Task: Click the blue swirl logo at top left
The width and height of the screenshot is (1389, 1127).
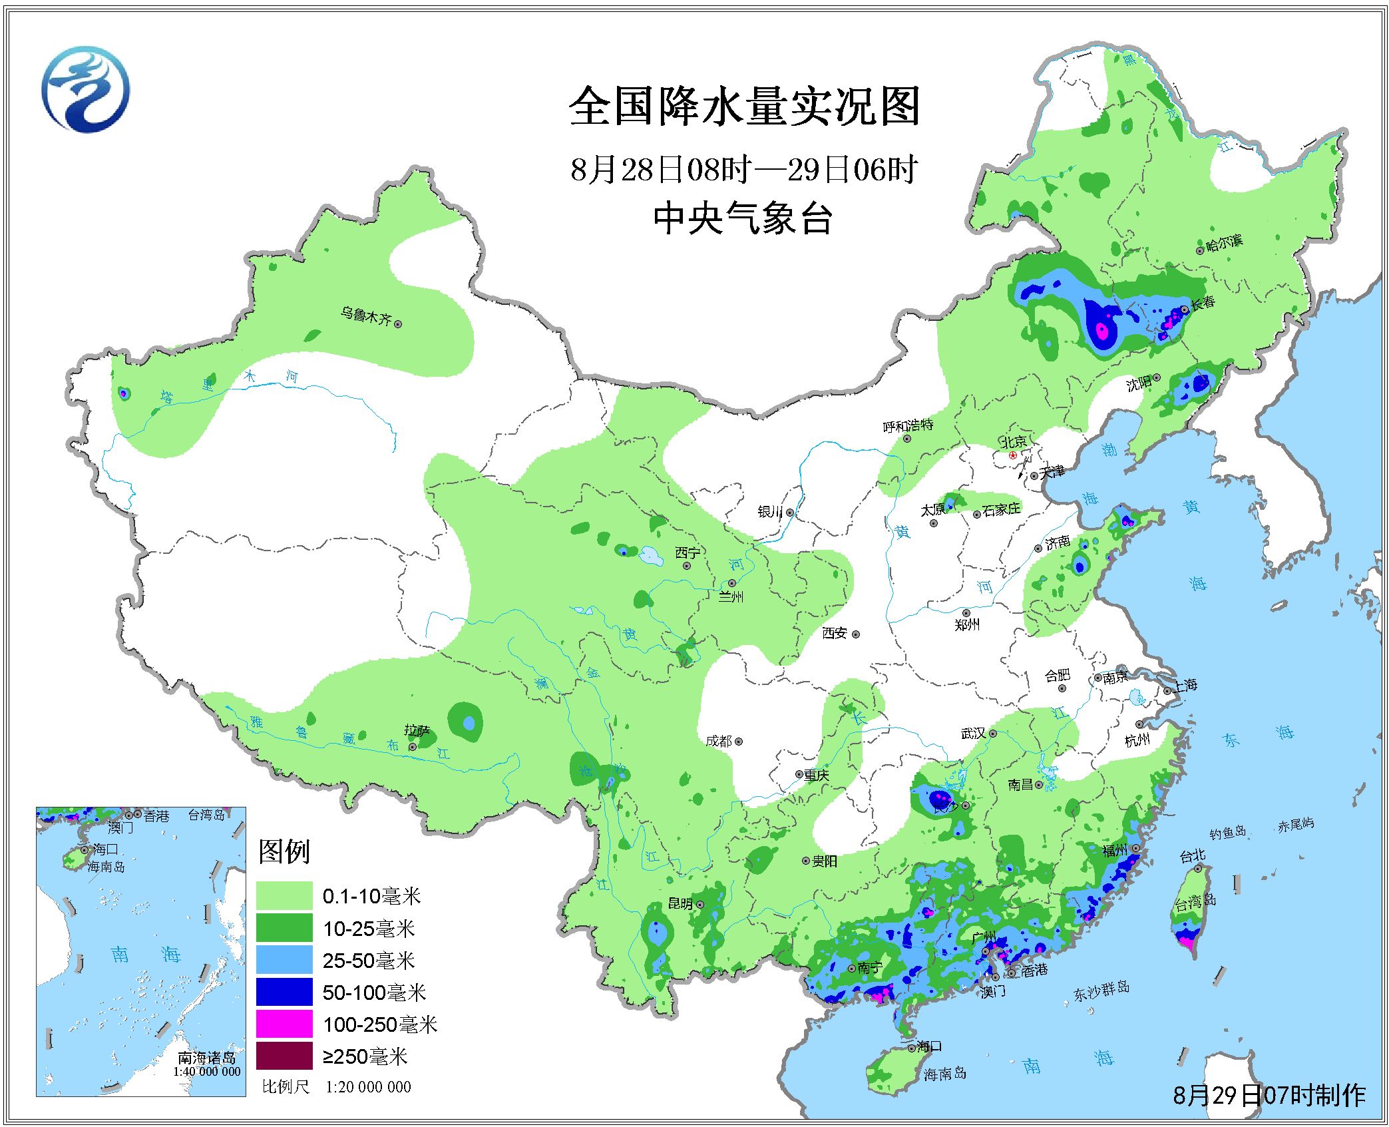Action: click(85, 89)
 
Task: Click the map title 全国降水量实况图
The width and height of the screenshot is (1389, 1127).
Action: click(744, 107)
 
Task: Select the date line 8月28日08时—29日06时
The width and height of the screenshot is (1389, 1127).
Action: click(744, 170)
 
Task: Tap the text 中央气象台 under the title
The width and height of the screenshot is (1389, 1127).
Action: click(743, 218)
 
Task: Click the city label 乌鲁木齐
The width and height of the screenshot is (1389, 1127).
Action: click(365, 315)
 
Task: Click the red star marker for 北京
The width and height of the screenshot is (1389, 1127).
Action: click(1012, 455)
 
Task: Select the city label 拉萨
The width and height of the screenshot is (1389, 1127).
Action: click(417, 731)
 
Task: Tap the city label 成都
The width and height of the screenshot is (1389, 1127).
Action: click(719, 741)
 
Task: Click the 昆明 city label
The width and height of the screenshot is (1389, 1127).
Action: click(681, 904)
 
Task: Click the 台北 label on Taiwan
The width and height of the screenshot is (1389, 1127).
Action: click(1192, 855)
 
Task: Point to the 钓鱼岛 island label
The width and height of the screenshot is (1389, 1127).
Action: click(1227, 832)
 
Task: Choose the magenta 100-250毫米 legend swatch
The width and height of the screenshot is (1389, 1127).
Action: click(284, 1024)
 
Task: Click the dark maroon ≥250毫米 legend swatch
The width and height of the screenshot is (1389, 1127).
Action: click(284, 1056)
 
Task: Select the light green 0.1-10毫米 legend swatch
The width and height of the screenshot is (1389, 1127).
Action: click(284, 895)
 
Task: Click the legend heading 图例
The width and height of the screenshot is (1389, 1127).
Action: click(284, 851)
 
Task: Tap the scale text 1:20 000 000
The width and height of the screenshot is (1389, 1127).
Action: click(368, 1086)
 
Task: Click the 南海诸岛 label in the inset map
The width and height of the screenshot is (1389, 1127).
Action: click(206, 1058)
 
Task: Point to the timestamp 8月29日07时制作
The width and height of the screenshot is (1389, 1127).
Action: click(1269, 1095)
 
